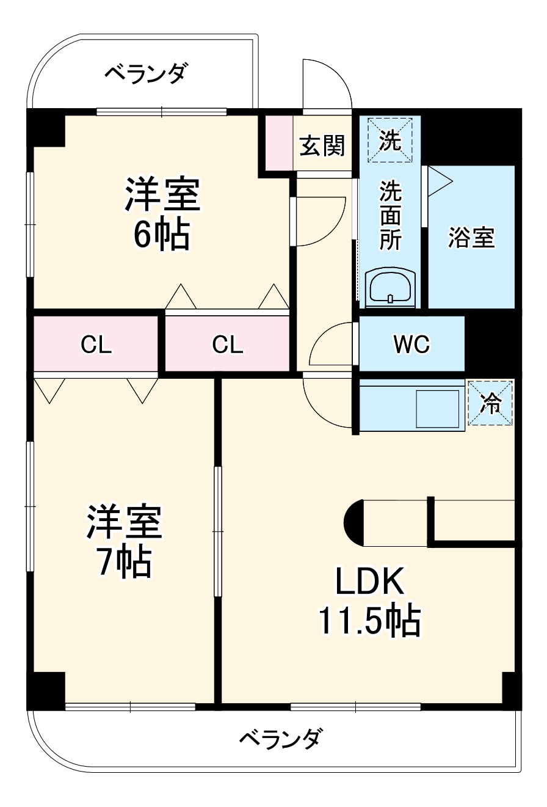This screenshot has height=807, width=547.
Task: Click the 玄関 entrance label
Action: [x=322, y=146]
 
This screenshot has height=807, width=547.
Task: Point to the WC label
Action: [x=411, y=345]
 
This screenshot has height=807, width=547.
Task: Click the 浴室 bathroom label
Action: [x=471, y=237]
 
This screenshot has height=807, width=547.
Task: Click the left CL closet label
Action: [x=96, y=346]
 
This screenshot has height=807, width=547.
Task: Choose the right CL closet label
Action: [x=228, y=346]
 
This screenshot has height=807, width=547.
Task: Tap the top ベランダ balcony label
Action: [x=147, y=74]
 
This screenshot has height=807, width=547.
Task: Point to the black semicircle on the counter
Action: [x=354, y=523]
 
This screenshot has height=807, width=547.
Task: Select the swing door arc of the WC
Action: [x=330, y=345]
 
